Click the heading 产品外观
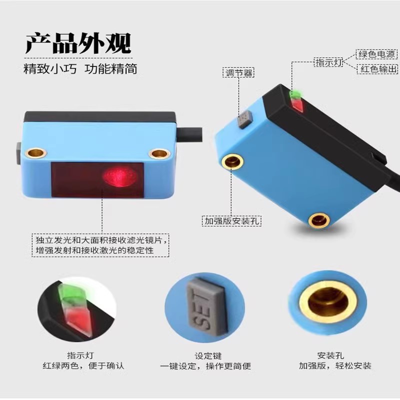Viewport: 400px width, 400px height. [x=78, y=43]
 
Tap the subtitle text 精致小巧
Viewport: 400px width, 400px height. [x=50, y=69]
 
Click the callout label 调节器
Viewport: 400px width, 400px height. [x=238, y=73]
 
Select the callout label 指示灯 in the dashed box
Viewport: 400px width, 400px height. [x=328, y=62]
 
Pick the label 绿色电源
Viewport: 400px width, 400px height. [x=376, y=54]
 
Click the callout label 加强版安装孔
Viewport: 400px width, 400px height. [x=231, y=221]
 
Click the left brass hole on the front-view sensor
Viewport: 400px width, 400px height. [x=35, y=153]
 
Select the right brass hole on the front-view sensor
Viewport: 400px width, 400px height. [x=159, y=154]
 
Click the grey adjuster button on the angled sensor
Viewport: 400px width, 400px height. [x=245, y=119]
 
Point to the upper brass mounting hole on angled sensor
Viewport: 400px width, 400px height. [x=232, y=161]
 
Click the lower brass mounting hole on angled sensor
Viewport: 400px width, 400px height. [x=319, y=220]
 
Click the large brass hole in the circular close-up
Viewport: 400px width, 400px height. [x=328, y=303]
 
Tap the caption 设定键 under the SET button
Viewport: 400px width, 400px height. [x=208, y=356]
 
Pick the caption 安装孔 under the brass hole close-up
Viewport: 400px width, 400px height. [x=330, y=355]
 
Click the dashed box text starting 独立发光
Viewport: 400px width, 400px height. [x=100, y=245]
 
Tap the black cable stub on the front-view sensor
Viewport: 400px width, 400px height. [x=189, y=134]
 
